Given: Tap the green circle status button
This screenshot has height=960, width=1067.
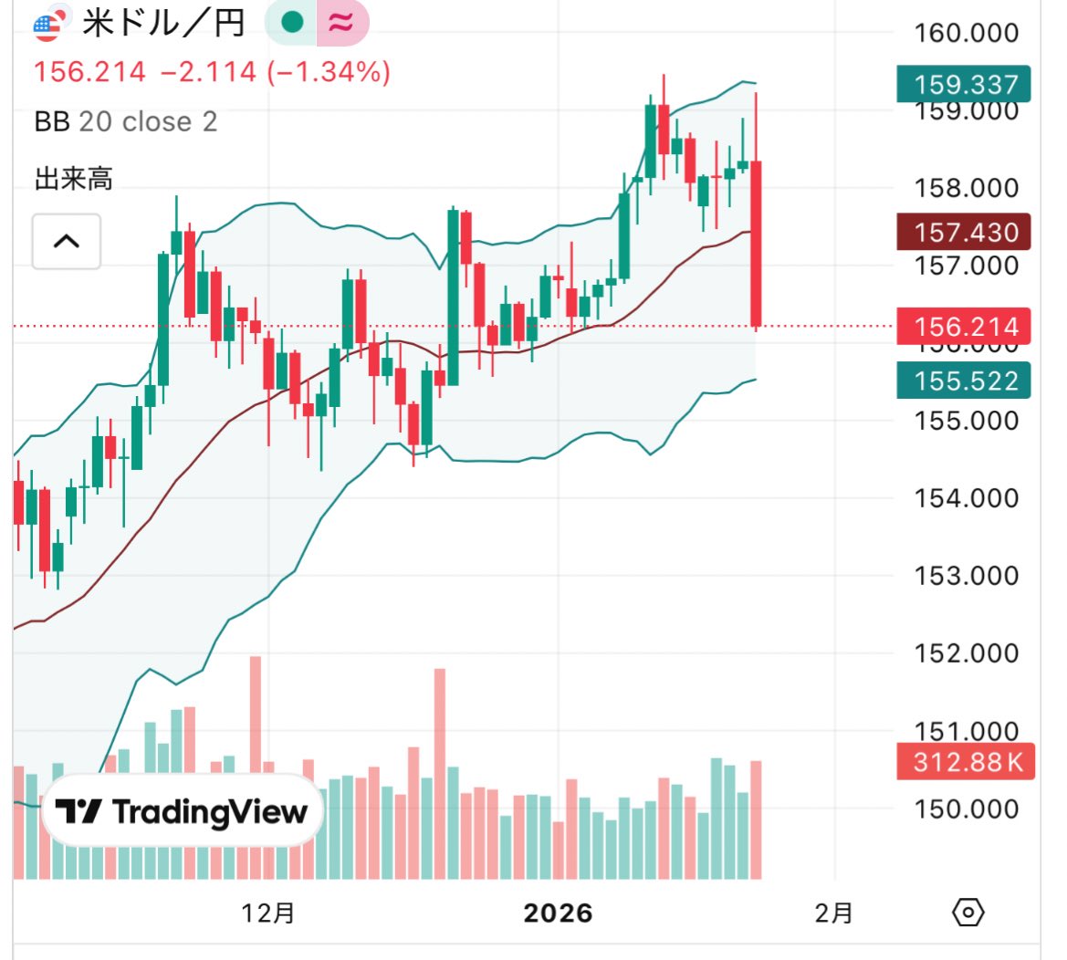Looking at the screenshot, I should pyautogui.click(x=292, y=23).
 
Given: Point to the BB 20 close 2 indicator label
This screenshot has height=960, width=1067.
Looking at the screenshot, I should pyautogui.click(x=126, y=121).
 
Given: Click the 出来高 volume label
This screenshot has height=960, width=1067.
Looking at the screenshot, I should pyautogui.click(x=73, y=179).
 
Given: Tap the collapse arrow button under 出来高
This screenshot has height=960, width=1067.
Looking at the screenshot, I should pyautogui.click(x=67, y=242).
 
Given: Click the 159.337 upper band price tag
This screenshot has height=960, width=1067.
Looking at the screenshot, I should pyautogui.click(x=965, y=85).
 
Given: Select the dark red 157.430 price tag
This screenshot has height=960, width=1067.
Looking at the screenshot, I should pyautogui.click(x=965, y=233).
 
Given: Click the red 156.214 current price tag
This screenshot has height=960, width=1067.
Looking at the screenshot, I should pyautogui.click(x=965, y=327).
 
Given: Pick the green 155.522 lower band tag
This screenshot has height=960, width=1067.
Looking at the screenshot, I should pyautogui.click(x=965, y=381).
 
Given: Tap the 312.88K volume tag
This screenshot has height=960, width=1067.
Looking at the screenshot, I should pyautogui.click(x=968, y=761).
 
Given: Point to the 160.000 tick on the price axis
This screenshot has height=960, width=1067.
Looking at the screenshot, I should pyautogui.click(x=967, y=33).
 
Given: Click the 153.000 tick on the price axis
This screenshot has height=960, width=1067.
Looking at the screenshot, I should pyautogui.click(x=967, y=576).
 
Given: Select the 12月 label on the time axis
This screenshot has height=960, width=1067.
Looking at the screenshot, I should pyautogui.click(x=268, y=913).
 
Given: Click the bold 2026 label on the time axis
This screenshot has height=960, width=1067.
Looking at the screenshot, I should pyautogui.click(x=558, y=913).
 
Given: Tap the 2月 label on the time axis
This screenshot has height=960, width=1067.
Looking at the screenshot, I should pyautogui.click(x=833, y=913).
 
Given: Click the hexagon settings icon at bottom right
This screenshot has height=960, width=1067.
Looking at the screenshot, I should pyautogui.click(x=968, y=912).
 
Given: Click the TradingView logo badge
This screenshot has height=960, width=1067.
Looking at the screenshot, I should pyautogui.click(x=182, y=811).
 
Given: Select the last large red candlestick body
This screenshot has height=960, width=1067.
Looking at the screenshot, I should pyautogui.click(x=757, y=243).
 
